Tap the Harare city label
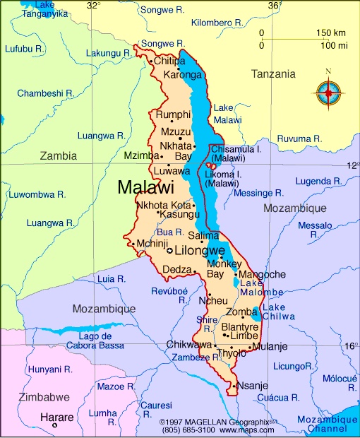point(56,417)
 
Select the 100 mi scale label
point(334,45)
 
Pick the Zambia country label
point(59,155)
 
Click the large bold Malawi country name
point(145,188)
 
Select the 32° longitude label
point(93,6)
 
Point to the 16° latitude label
point(351,346)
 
